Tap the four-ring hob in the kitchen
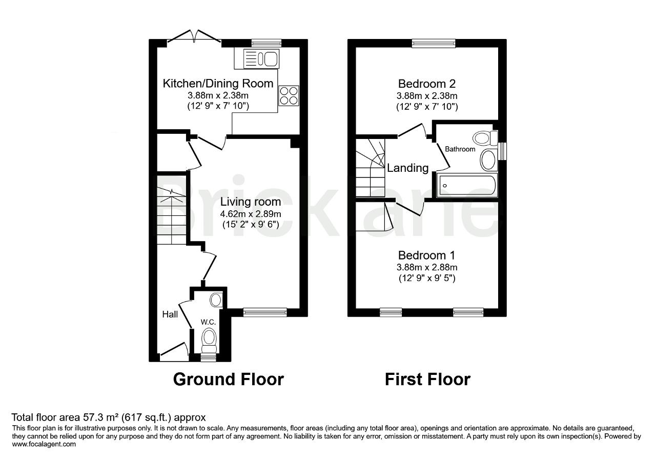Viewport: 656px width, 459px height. (289, 96)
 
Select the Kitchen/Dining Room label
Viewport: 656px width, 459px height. (218, 84)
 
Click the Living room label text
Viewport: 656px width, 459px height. (251, 202)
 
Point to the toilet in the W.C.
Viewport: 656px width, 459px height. (209, 338)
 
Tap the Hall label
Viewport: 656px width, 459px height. (170, 314)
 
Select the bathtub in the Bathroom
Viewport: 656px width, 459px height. (466, 185)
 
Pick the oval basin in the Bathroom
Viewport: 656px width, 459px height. (488, 160)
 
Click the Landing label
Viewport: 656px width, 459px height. (408, 168)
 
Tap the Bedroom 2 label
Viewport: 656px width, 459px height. (427, 84)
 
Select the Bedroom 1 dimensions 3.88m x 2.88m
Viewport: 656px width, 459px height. (427, 267)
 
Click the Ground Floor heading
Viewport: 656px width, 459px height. (228, 379)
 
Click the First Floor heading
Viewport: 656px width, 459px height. (427, 379)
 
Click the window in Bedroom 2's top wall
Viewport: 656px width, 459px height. (434, 43)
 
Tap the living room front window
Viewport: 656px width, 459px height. (265, 312)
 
